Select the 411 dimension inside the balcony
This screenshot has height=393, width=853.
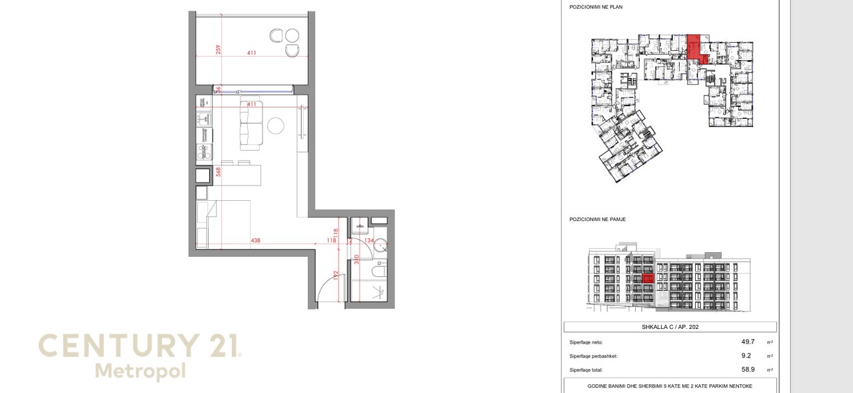pyautogui.click(x=251, y=53)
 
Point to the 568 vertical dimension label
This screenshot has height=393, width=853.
pyautogui.click(x=218, y=171)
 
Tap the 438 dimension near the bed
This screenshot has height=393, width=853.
pyautogui.click(x=255, y=240)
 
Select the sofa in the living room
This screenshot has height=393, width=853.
pyautogui.click(x=251, y=124)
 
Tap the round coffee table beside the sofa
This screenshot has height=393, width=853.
pyautogui.click(x=276, y=125)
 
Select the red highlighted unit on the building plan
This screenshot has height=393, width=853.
pyautogui.click(x=694, y=48)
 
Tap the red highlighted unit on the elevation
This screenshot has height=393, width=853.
pyautogui.click(x=646, y=278)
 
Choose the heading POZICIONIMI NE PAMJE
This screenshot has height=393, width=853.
pyautogui.click(x=597, y=219)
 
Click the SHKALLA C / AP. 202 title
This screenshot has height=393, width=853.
pyautogui.click(x=670, y=327)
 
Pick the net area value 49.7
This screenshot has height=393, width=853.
pyautogui.click(x=748, y=341)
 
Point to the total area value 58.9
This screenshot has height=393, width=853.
pyautogui.click(x=748, y=369)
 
